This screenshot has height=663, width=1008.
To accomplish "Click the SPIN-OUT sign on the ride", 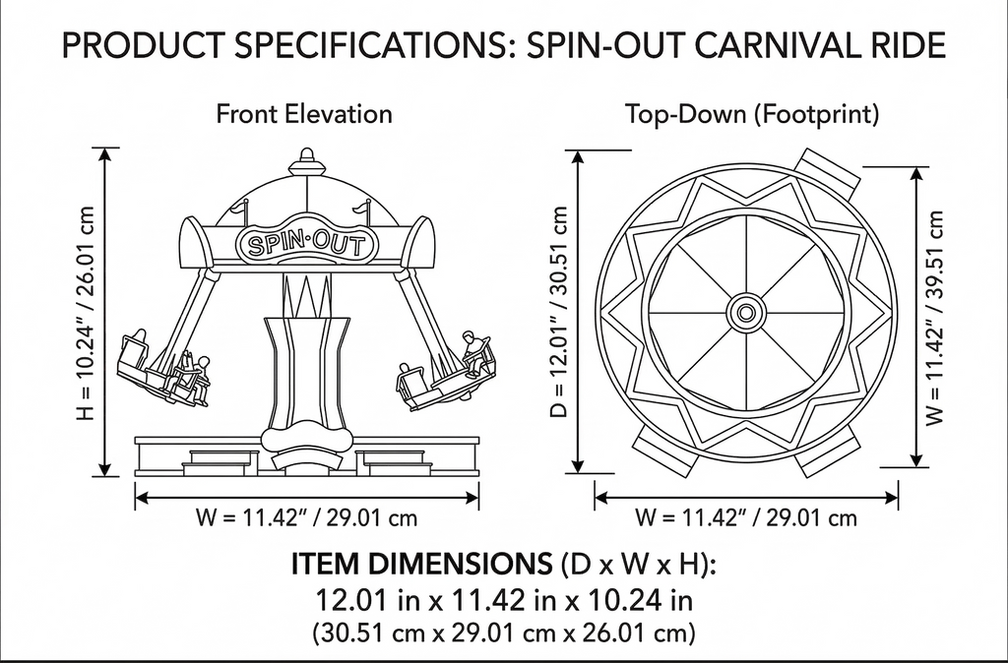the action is [306, 244].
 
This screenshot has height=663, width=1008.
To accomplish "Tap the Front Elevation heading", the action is [304, 114].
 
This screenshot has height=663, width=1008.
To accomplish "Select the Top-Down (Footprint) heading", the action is [753, 114].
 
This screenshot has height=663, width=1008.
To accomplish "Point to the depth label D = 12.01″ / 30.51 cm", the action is [559, 312].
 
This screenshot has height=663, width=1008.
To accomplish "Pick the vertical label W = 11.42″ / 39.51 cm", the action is [935, 318].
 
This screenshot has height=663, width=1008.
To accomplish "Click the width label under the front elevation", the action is [307, 517].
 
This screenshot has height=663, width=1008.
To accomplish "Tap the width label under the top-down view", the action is [746, 517].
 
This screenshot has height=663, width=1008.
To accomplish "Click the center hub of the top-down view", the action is [746, 313].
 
